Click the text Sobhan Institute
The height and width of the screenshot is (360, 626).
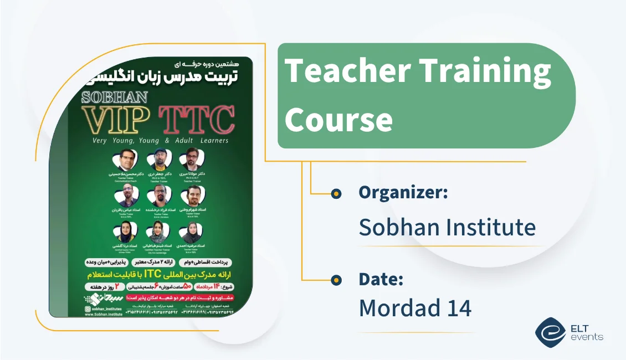point(447,227)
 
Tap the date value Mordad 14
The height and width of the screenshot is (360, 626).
point(415,308)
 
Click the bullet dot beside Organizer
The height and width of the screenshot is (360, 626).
point(336,193)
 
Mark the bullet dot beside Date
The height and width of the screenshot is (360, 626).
point(336,280)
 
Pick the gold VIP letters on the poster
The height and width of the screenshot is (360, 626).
point(116,119)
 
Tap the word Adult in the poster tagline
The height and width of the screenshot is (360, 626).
point(183,141)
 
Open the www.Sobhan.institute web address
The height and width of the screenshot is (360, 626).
point(104,314)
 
